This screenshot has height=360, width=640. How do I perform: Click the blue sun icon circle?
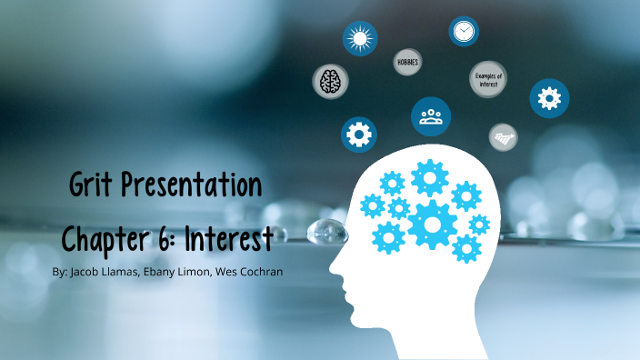359,38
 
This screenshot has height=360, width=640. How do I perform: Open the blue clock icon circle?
464,31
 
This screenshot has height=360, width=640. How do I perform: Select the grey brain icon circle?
329,81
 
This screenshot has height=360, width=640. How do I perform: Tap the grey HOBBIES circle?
407,62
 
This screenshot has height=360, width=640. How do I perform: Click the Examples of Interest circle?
488,80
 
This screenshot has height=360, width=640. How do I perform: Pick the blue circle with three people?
431,116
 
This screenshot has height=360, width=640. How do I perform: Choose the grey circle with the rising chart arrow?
503,137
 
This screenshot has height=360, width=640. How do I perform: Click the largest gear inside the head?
432,224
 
